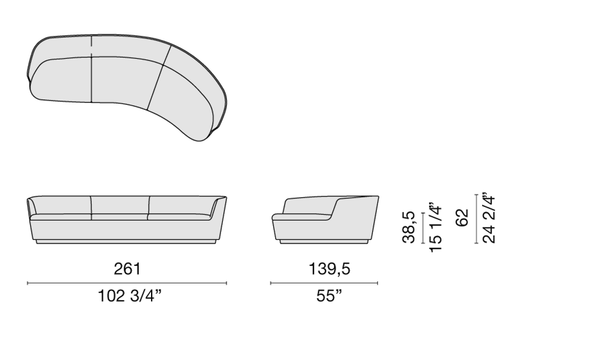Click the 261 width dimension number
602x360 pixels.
[x=127, y=269]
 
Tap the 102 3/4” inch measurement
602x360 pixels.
[x=130, y=296]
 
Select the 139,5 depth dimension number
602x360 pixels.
[x=329, y=269]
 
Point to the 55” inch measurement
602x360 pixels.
[x=329, y=296]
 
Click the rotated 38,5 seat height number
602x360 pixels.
[x=409, y=227]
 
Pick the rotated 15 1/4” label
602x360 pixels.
[x=436, y=227]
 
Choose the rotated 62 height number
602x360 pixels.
[x=463, y=218]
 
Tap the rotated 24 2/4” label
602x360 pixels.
[x=489, y=218]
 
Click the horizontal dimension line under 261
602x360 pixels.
[x=127, y=283]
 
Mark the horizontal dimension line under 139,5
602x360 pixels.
[x=324, y=283]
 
